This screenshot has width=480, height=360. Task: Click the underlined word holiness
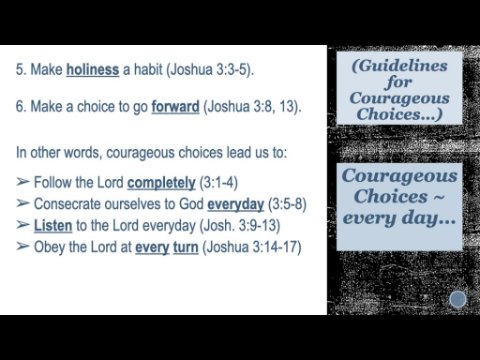coord(93,69)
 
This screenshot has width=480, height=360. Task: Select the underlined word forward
coord(175,107)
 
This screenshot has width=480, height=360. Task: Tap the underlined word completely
coord(161,183)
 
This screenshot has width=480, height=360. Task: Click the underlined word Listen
coord(53,226)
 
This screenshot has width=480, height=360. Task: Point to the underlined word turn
coord(186,247)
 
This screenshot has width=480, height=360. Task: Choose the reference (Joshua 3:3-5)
coord(210,70)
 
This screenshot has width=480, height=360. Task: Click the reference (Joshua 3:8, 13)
coord(252,107)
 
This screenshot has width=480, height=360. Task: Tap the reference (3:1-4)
coord(218,183)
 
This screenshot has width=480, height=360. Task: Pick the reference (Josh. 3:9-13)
coord(240,226)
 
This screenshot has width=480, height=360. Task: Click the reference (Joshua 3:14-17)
coord(252,247)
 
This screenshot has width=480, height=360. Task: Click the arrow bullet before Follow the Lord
coord(23,182)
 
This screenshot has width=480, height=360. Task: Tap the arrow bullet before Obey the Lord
coord(23,247)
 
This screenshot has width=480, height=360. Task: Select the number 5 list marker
coord(21,70)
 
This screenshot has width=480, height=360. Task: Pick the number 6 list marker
coord(21,107)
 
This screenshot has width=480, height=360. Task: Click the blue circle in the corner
coord(458,299)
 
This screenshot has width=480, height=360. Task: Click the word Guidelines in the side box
coord(399,66)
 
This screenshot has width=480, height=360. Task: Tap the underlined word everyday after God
coord(236,204)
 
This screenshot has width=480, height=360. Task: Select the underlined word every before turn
coord(152,248)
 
